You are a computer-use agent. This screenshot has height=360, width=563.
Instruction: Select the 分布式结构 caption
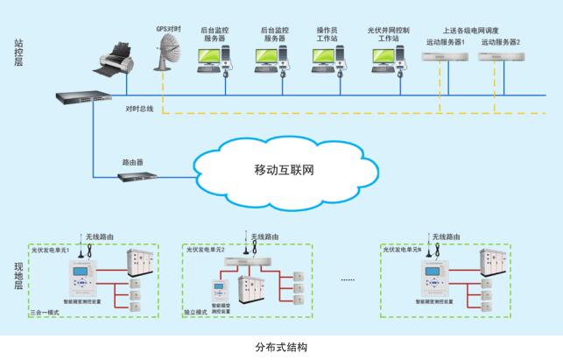[x=280, y=347]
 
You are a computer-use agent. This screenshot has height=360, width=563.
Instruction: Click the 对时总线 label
[x=139, y=109]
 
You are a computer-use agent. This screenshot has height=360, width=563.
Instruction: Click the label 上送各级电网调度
[x=473, y=30]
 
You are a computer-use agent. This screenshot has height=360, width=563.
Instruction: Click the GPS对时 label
[x=169, y=30]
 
